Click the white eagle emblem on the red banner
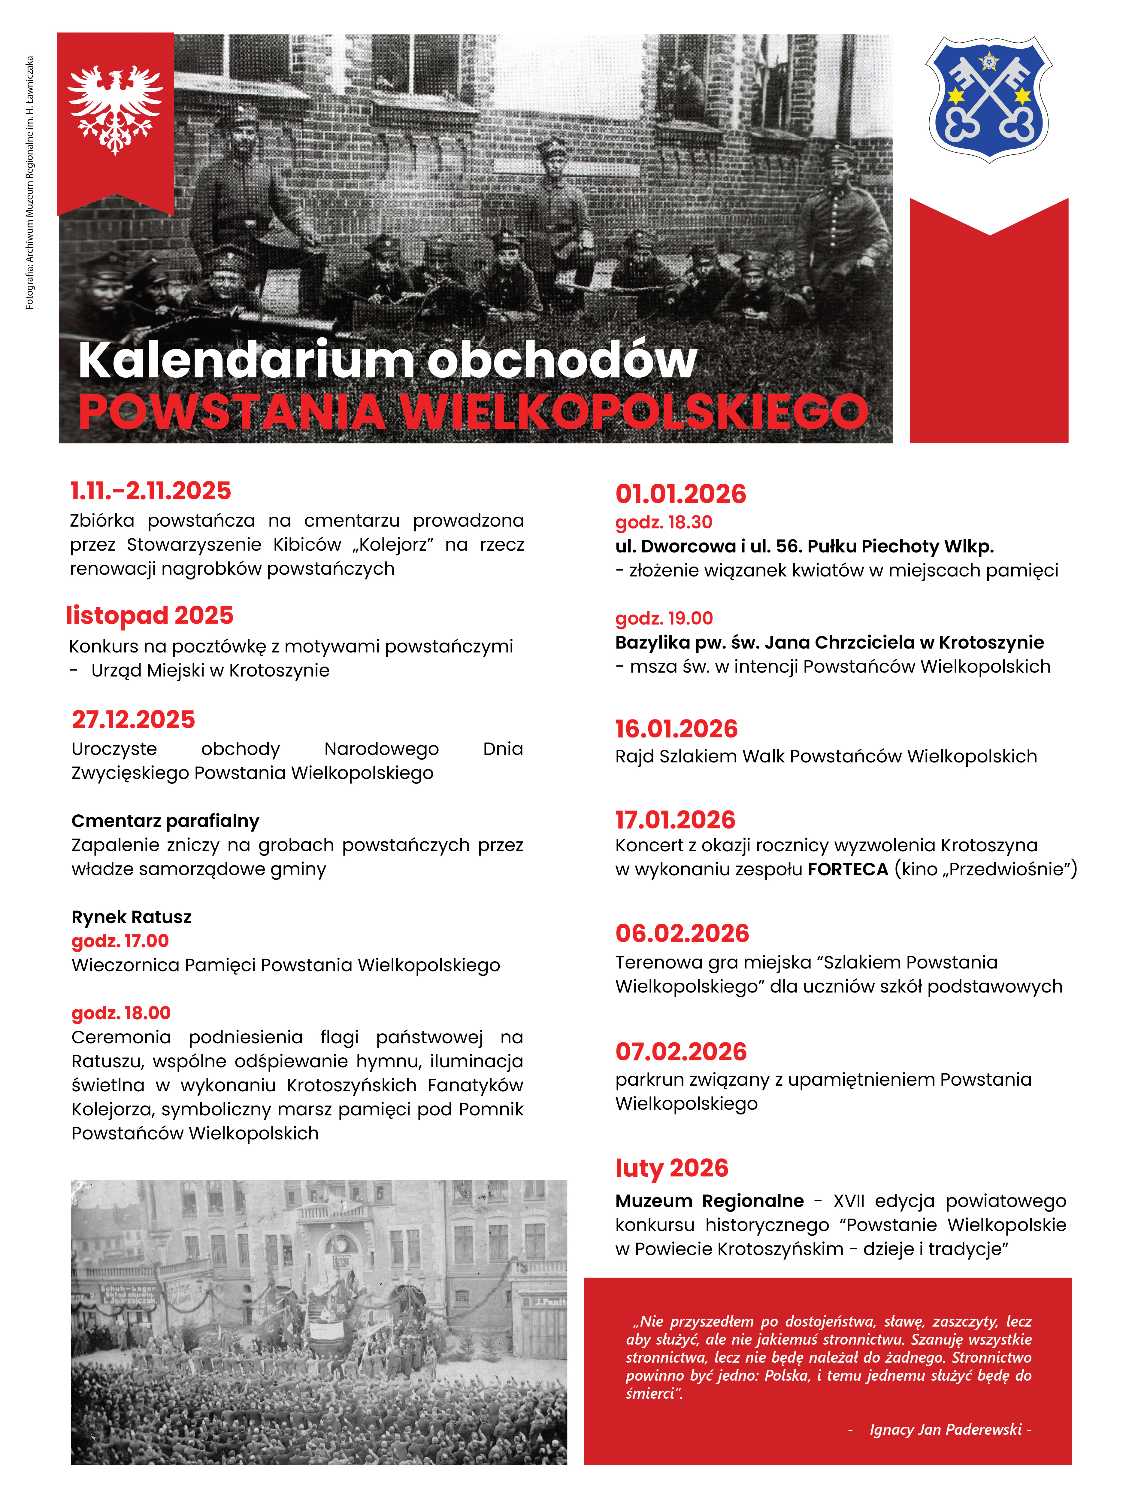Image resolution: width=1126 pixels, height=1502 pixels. (x=115, y=109)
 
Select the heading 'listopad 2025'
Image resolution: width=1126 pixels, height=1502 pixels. (x=150, y=615)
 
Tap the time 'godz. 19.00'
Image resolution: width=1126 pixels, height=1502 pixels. (x=664, y=618)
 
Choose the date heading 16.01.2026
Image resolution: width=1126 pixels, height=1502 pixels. (x=676, y=728)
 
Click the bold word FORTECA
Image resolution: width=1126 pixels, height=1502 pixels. (x=848, y=869)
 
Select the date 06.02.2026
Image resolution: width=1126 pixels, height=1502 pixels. (x=682, y=933)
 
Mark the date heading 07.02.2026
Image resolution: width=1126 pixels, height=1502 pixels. (x=681, y=1051)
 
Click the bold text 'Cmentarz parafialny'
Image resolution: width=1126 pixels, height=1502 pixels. (x=165, y=821)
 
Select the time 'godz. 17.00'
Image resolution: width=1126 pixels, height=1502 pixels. (x=120, y=941)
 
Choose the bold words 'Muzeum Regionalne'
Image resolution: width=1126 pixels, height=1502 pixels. (x=709, y=1200)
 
